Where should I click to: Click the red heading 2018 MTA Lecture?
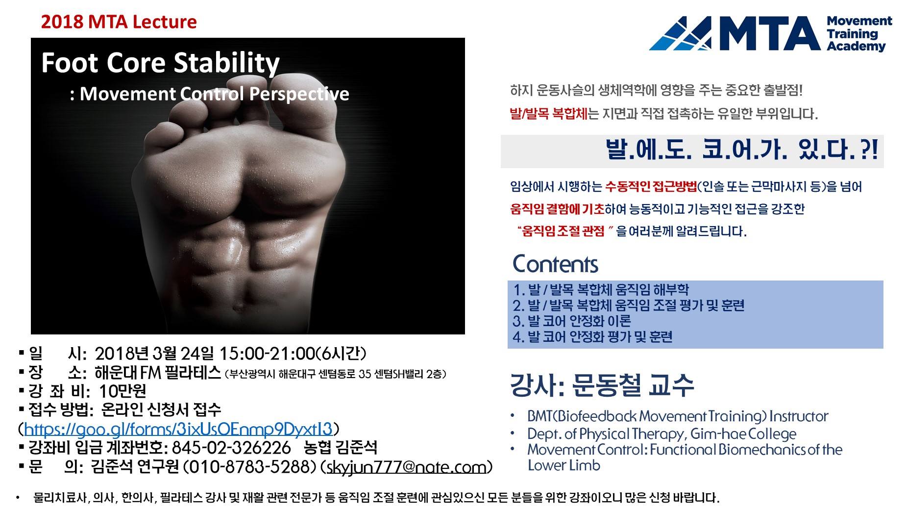pyautogui.click(x=119, y=22)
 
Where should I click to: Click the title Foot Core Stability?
pyautogui.click(x=160, y=63)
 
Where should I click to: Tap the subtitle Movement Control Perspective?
pyautogui.click(x=214, y=94)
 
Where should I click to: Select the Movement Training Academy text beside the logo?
pyautogui.click(x=859, y=33)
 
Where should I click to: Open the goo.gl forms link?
pyautogui.click(x=178, y=429)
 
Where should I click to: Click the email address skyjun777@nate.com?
pyautogui.click(x=406, y=467)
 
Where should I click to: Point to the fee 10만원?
pyautogui.click(x=122, y=391)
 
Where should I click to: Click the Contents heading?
pyautogui.click(x=555, y=264)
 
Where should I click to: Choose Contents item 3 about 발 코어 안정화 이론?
pyautogui.click(x=572, y=321)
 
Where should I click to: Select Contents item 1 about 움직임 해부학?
pyautogui.click(x=601, y=289)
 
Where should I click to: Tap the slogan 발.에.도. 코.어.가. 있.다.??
pyautogui.click(x=741, y=151)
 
